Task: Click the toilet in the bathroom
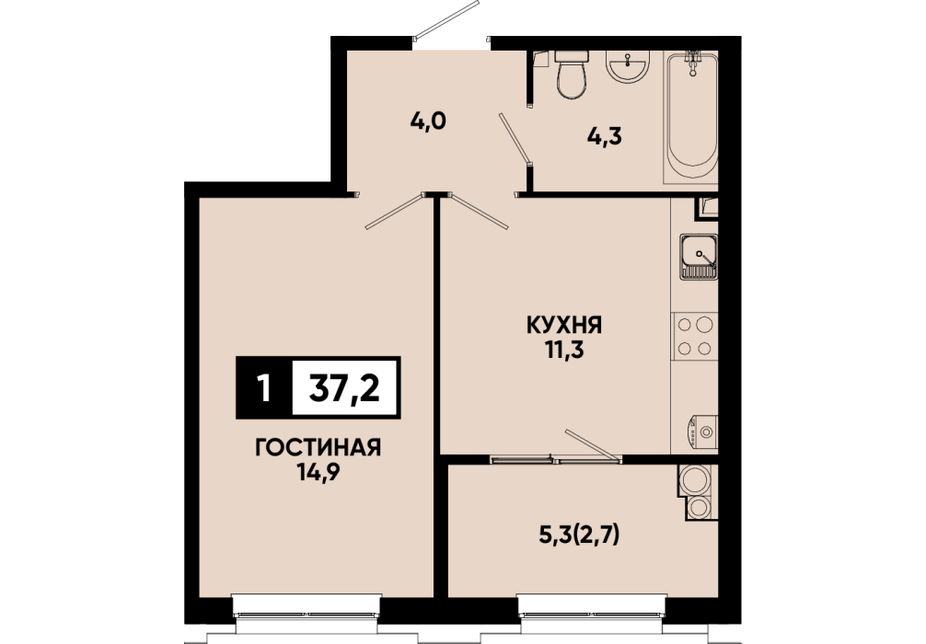click(572, 75)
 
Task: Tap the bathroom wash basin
click(628, 66)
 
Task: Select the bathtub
click(691, 117)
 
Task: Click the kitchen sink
click(699, 257)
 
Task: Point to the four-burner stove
click(694, 336)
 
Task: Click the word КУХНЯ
click(564, 326)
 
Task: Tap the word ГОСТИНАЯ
click(318, 448)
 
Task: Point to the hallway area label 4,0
click(428, 121)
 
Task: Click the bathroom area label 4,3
click(605, 137)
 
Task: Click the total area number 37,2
click(344, 388)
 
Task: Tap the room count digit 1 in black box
click(264, 388)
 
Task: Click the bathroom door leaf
click(515, 138)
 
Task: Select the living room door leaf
click(395, 211)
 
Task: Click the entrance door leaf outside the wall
click(446, 20)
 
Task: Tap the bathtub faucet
click(692, 62)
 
